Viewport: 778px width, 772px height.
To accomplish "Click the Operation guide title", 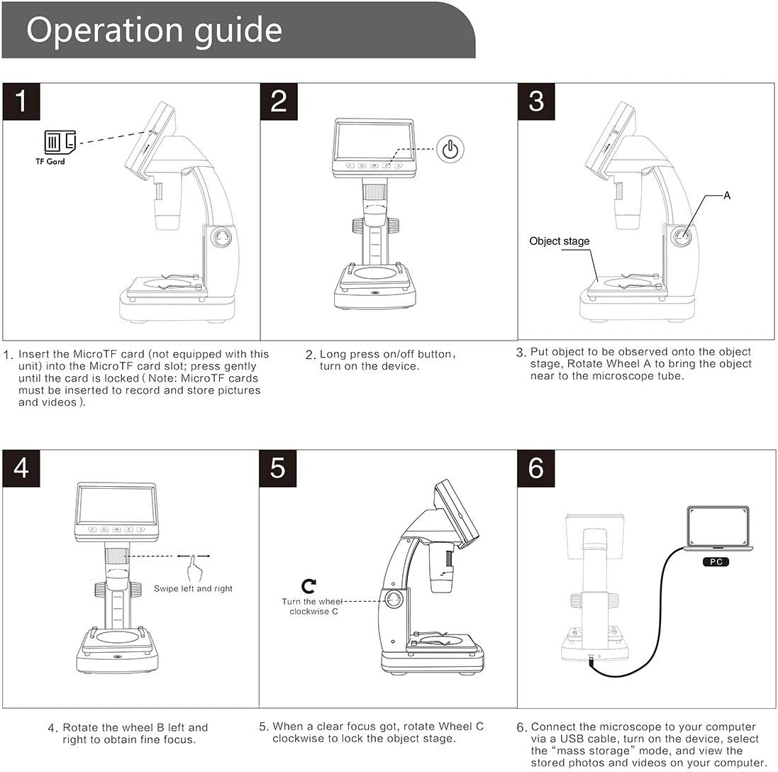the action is pos(155,31).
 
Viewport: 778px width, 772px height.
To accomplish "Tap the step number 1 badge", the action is pos(21,101).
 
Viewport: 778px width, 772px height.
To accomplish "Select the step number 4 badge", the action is pos(21,468).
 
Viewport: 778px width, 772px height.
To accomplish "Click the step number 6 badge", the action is pos(536,468).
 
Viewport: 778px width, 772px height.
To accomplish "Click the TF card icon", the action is pos(60,141).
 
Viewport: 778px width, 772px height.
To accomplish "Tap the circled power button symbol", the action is pos(450,149).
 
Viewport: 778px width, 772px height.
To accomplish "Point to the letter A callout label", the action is pos(727,196).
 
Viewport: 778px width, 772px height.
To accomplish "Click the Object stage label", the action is pos(559,241).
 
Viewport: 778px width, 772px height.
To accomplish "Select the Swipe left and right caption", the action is pos(193,589).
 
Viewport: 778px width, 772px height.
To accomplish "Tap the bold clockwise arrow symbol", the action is pos(309,586).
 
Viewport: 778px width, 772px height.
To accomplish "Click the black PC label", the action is pos(716,562).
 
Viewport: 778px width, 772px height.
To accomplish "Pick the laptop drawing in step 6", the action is pos(718,529).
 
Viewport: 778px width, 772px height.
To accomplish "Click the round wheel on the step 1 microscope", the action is pos(221,238).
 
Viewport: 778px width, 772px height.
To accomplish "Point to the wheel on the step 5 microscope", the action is pos(394,601).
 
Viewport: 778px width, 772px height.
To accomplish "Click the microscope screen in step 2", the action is pos(374,141).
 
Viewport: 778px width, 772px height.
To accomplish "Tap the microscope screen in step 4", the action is pos(116,505).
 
